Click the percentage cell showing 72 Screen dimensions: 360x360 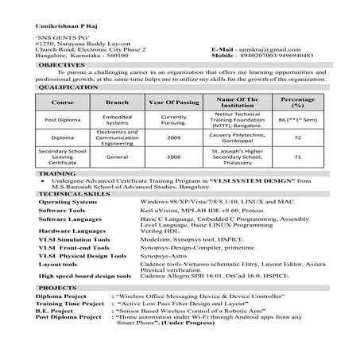tap(296, 136)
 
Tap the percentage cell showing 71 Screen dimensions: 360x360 tap(296, 157)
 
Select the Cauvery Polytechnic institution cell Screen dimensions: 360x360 tap(235, 136)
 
